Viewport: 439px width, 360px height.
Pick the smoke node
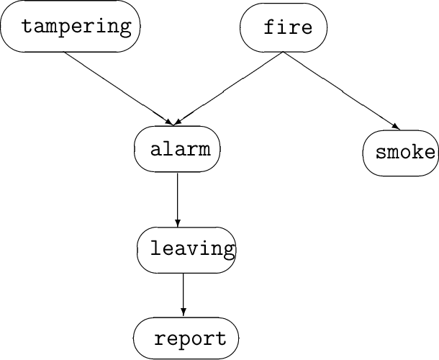(402, 153)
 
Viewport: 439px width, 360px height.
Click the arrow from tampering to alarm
(119, 87)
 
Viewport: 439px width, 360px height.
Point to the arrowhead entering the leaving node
(177, 223)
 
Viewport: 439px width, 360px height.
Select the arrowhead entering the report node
(184, 312)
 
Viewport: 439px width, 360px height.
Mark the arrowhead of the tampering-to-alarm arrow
(171, 121)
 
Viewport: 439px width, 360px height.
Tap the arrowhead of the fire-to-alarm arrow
(178, 120)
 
